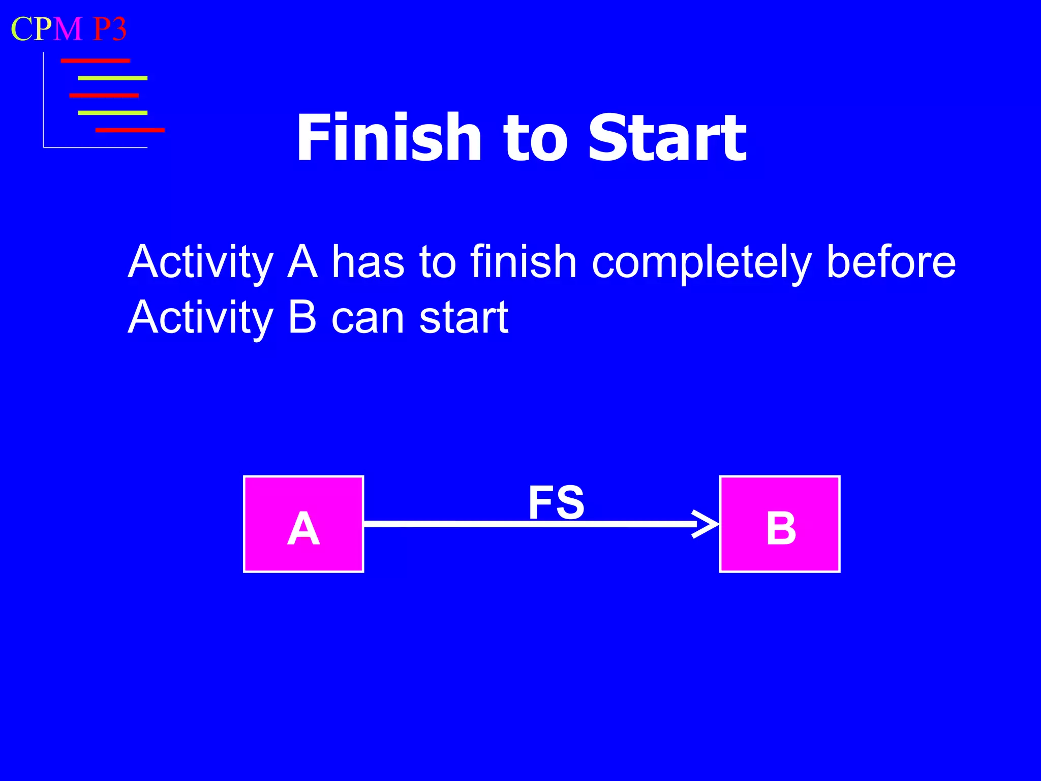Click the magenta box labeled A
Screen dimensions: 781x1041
(303, 524)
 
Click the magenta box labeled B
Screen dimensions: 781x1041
(779, 524)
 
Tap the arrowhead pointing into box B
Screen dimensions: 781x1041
(707, 524)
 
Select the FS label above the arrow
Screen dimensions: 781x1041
(556, 502)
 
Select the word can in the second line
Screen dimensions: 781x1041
(368, 318)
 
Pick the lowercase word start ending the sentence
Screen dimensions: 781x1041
(464, 318)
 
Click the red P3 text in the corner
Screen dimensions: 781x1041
(109, 29)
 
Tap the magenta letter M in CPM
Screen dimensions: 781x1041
(68, 29)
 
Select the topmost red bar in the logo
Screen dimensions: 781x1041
(95, 61)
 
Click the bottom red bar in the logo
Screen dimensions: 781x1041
(130, 130)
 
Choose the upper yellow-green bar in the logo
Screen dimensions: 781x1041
(112, 78)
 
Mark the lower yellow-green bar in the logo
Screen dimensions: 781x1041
(112, 113)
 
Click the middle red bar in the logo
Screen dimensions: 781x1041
(104, 96)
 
